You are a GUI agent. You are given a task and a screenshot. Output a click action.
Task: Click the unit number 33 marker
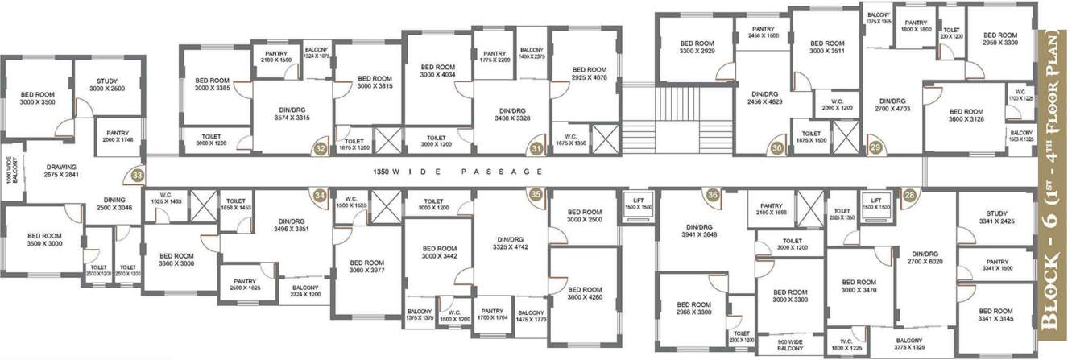[139, 173]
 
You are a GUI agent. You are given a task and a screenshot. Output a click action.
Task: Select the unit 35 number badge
[536, 193]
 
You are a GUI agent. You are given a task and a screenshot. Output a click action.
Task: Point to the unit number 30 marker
[776, 148]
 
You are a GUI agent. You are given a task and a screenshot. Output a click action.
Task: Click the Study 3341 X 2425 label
[996, 217]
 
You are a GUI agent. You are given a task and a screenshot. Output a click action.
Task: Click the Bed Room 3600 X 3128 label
[964, 116]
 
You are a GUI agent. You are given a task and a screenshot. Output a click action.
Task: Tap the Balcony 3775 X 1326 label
[909, 344]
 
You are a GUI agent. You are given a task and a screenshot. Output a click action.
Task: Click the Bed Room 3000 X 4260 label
[583, 293]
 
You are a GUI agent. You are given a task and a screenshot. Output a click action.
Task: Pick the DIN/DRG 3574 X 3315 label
[292, 114]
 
